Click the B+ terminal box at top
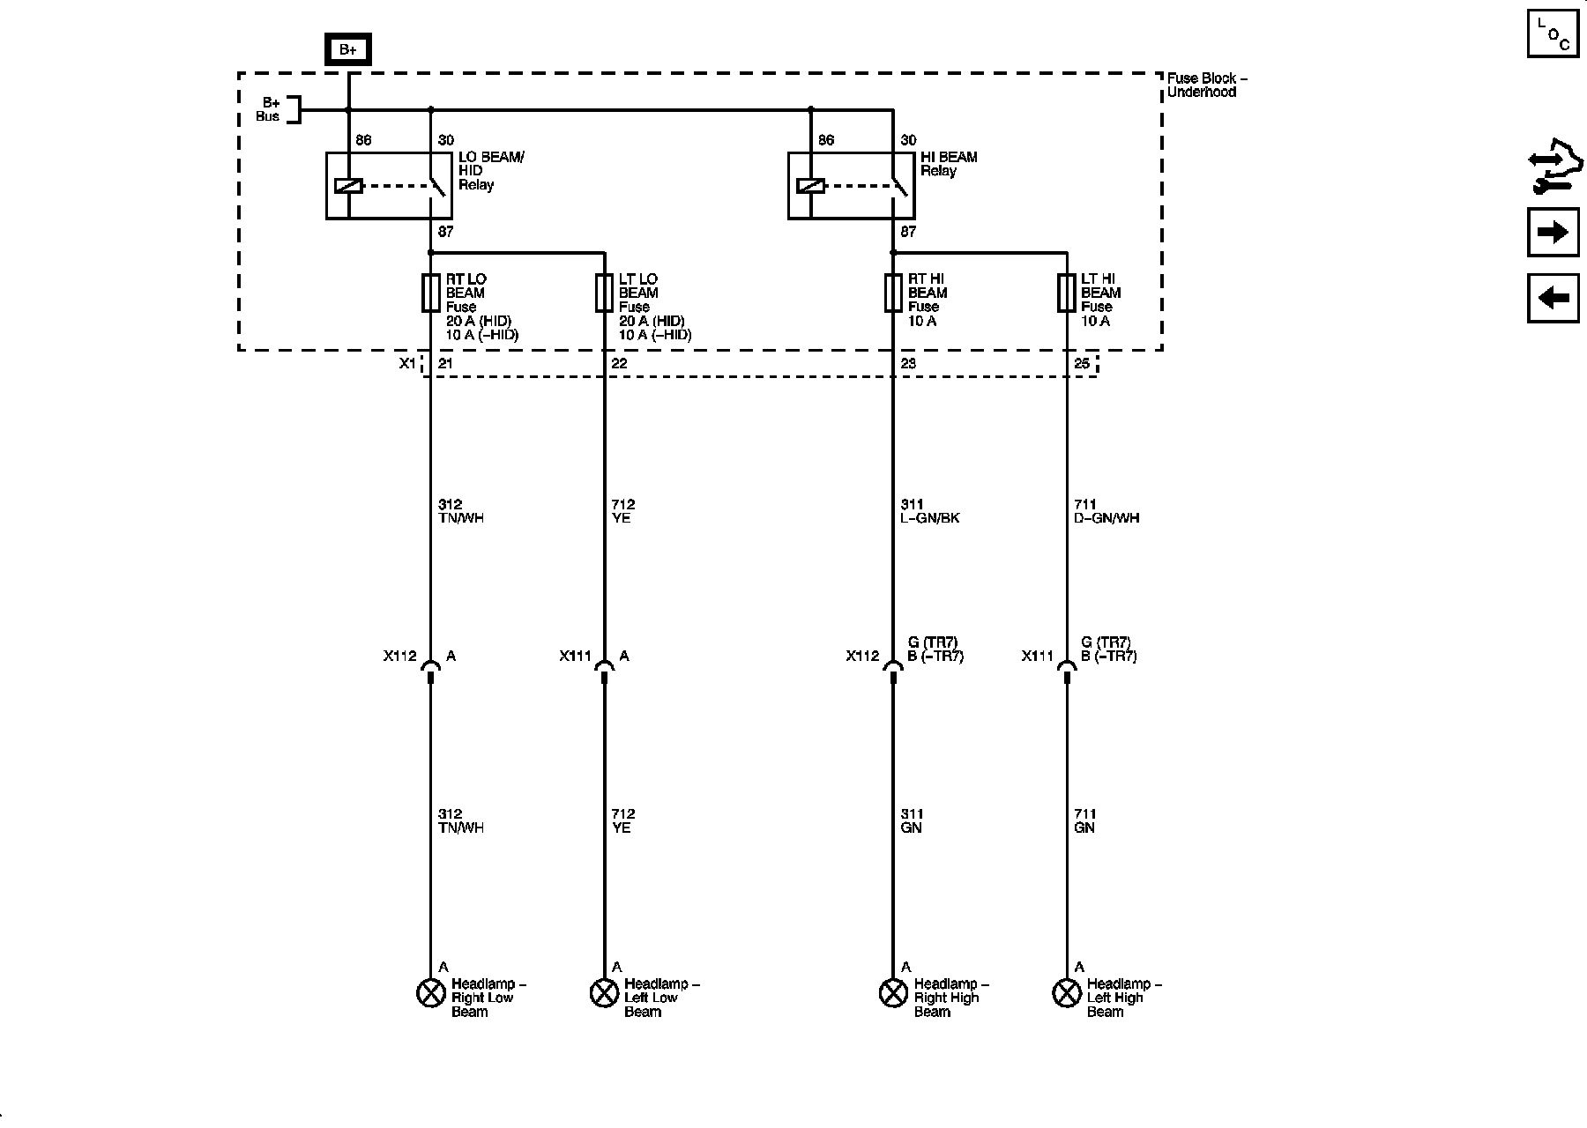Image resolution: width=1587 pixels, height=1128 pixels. click(348, 50)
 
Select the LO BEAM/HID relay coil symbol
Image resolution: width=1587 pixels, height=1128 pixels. click(348, 186)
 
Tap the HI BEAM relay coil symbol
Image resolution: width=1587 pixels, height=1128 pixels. click(810, 186)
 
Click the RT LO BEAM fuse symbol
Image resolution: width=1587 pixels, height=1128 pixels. click(430, 293)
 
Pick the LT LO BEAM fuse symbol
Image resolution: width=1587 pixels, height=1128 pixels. click(604, 293)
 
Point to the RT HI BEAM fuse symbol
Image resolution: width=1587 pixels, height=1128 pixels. click(892, 293)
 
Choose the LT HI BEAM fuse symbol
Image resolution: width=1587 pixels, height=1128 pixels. click(1066, 293)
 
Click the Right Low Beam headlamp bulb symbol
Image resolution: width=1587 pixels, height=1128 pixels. click(429, 993)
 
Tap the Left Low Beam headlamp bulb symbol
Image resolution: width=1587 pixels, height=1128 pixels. click(603, 993)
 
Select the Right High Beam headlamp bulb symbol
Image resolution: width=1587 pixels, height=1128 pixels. click(893, 993)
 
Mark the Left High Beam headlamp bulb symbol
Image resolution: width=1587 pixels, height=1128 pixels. click(1067, 993)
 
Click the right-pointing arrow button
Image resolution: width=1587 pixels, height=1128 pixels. click(1553, 233)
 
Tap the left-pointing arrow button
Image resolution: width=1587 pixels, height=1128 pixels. click(1553, 298)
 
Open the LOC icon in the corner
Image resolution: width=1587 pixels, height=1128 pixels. click(1553, 33)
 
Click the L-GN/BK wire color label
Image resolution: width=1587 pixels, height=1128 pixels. click(930, 518)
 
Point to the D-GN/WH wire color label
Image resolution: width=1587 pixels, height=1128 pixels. click(1106, 518)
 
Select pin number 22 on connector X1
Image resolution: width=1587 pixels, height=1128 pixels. click(619, 364)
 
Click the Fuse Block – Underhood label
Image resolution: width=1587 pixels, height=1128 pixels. click(1207, 85)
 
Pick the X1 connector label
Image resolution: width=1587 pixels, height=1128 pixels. click(407, 364)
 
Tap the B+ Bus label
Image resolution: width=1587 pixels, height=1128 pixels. click(269, 109)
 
